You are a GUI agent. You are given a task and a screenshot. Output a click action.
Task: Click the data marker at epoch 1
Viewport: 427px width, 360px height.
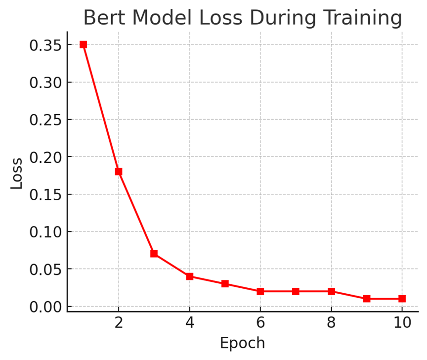(83, 45)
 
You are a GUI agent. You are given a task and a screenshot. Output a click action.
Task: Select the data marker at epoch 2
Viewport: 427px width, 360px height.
(119, 172)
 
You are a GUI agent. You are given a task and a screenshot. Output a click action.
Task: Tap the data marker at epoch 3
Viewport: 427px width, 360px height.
(154, 254)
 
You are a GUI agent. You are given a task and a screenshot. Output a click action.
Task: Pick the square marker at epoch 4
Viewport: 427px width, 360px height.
(189, 276)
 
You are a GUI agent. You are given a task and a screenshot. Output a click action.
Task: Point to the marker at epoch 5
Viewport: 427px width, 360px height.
(225, 284)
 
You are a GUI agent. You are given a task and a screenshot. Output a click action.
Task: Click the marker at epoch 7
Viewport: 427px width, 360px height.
(296, 291)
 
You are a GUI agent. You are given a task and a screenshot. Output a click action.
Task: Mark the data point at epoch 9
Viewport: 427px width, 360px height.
(367, 299)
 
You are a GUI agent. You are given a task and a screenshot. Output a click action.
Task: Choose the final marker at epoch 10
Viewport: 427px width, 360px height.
(402, 299)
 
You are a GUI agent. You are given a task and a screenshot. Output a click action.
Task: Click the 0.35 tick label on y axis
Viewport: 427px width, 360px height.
(45, 45)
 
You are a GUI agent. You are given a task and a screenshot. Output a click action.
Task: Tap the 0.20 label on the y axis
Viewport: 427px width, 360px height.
(45, 157)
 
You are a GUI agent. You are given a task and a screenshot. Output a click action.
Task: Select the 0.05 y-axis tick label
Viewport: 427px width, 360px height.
(45, 270)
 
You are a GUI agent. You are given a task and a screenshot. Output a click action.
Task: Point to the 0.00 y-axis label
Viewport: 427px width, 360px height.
(45, 307)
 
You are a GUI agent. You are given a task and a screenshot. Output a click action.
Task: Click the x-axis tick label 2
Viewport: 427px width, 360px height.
(119, 323)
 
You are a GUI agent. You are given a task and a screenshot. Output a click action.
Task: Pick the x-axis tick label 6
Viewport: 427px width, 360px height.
(260, 323)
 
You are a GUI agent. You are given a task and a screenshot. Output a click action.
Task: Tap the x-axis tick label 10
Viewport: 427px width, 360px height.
(402, 323)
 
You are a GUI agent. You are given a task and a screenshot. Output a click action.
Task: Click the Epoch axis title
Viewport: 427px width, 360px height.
(242, 343)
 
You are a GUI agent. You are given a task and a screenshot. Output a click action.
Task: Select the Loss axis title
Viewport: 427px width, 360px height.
(17, 173)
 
